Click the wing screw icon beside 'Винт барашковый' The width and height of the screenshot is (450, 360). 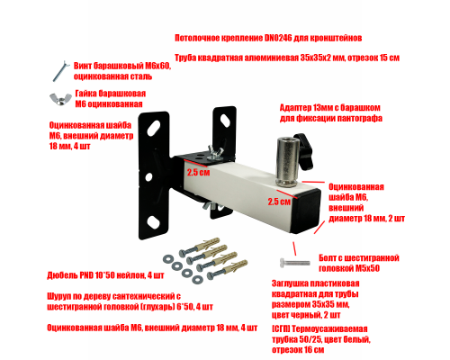tap(60, 71)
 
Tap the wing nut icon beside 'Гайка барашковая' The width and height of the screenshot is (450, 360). tap(60, 99)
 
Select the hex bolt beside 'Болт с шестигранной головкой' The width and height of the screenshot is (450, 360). tap(295, 263)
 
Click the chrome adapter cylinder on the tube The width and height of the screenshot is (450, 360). tap(288, 161)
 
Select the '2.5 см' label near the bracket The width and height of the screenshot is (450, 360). tap(198, 173)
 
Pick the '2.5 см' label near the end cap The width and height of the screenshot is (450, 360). tap(279, 202)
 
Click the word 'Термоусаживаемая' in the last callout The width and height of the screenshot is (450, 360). tap(329, 328)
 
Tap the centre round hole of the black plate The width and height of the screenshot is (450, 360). tap(148, 176)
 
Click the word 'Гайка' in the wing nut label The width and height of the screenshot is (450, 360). tap(85, 94)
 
